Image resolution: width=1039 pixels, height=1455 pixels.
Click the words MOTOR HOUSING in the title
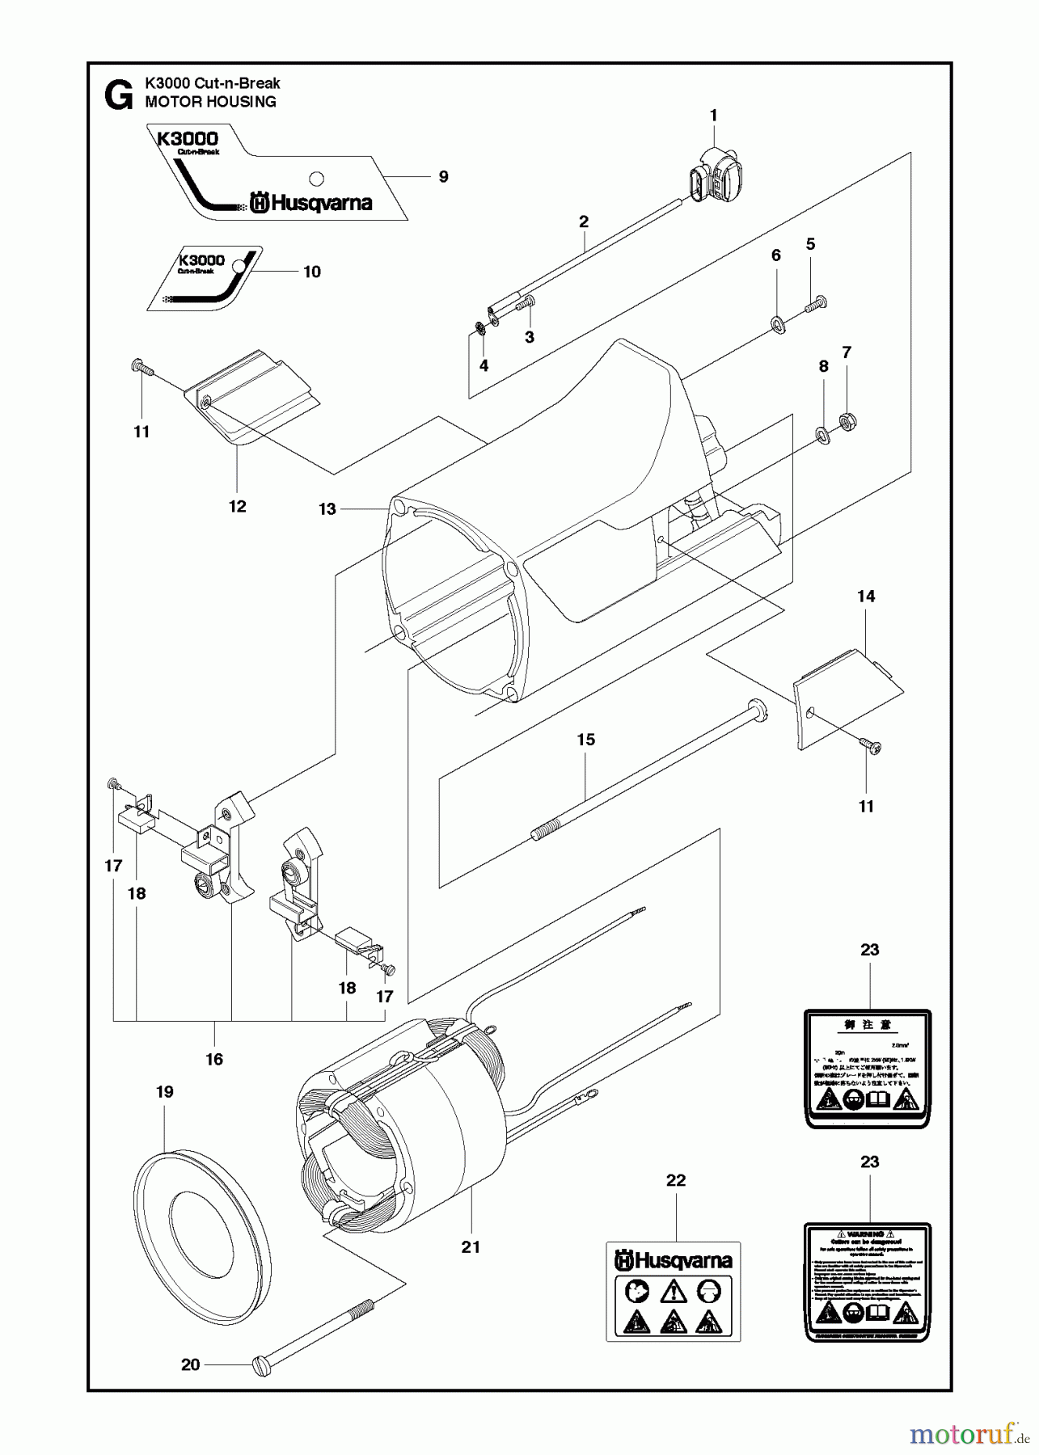click(210, 102)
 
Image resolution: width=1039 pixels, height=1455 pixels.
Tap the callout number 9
click(443, 176)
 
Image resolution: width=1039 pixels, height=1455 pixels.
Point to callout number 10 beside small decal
click(312, 272)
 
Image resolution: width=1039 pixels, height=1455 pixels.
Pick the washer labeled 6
click(778, 325)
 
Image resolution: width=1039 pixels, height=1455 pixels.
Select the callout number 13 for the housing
click(327, 509)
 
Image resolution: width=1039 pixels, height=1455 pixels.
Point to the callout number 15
click(586, 740)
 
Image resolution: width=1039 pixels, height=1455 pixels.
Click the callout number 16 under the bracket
click(214, 1059)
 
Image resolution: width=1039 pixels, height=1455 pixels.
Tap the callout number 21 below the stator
click(471, 1247)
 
